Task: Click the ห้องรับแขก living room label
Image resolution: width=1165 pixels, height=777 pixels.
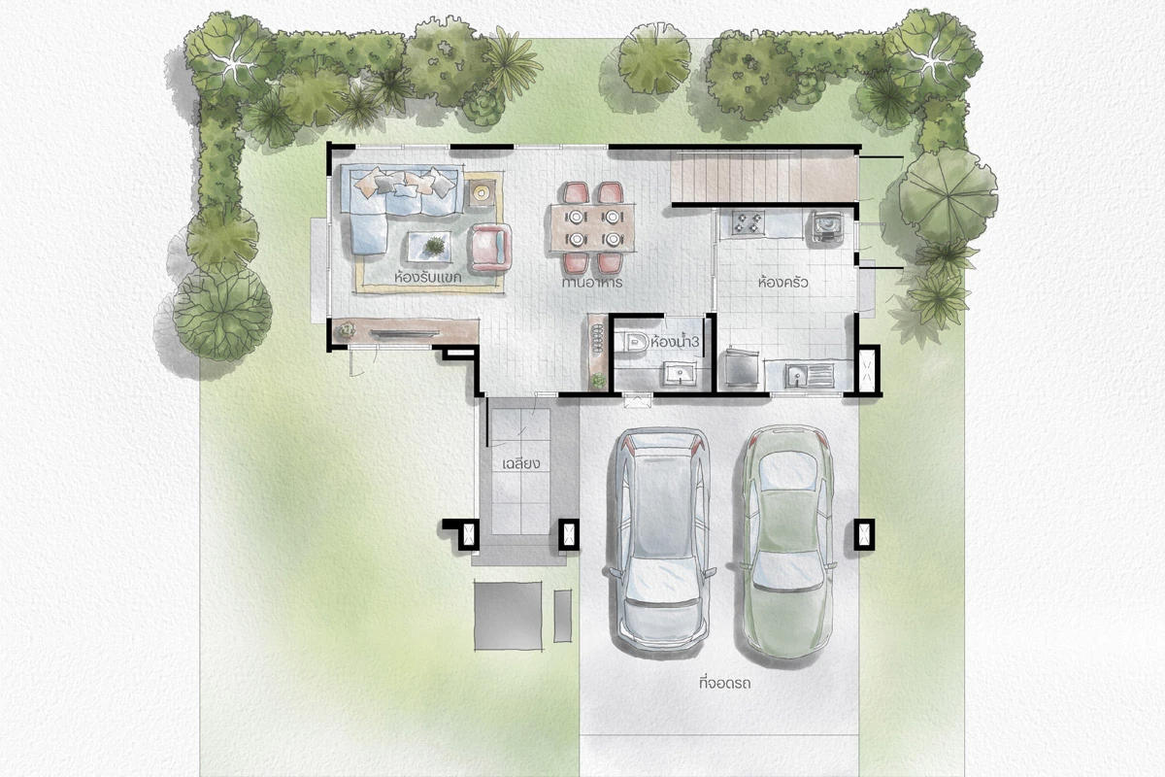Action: pos(428,277)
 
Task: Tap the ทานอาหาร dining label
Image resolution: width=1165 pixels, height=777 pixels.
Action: pos(592,283)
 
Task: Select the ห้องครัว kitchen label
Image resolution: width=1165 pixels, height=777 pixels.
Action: pos(783,283)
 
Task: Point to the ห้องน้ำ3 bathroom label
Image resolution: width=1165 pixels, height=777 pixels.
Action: pos(674,343)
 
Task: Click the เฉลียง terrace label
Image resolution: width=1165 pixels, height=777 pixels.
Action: pos(521,463)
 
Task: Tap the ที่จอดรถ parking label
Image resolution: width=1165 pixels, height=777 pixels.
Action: pos(725,682)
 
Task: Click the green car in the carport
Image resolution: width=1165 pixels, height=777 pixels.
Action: pos(788,542)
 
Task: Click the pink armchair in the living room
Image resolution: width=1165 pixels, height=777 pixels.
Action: pos(491,248)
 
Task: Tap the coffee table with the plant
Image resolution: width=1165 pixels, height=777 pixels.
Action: pos(429,246)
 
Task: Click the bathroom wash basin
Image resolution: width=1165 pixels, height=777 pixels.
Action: pos(680,374)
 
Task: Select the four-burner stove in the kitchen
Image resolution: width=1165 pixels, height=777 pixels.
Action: pos(748,222)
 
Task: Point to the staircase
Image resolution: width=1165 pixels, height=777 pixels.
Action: pos(763,176)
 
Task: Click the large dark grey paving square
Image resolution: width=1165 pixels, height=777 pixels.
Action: pos(508,616)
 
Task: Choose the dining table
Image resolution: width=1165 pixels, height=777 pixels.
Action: pos(593,228)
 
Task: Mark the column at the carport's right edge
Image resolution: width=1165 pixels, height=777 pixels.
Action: pos(864,533)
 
